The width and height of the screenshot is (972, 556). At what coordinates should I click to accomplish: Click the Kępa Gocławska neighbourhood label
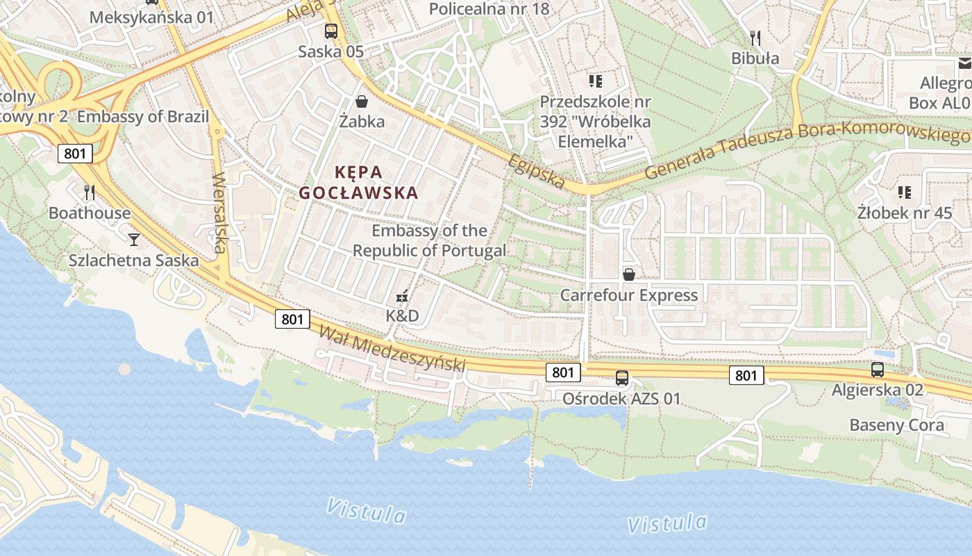(x=359, y=182)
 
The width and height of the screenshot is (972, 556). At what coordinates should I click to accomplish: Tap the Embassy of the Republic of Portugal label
(x=430, y=240)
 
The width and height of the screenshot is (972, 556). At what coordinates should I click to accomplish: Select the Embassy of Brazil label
(x=143, y=116)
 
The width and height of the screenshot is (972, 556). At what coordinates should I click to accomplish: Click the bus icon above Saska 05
(x=331, y=31)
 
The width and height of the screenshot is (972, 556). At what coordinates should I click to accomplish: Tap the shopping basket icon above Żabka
(x=362, y=101)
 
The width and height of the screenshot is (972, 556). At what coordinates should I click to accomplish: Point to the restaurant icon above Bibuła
(x=755, y=38)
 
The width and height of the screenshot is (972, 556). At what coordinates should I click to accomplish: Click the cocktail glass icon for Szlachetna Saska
(x=134, y=240)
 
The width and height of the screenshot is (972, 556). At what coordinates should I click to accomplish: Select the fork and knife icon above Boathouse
(x=89, y=192)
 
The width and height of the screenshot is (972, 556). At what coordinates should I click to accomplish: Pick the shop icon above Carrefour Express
(x=629, y=275)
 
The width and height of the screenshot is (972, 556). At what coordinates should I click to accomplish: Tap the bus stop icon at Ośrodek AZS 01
(x=622, y=378)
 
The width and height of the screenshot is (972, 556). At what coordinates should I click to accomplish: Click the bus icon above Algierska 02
(x=878, y=370)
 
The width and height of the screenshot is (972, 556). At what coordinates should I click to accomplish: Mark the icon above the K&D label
(x=402, y=297)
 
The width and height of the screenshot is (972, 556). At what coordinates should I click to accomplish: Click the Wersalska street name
(x=220, y=212)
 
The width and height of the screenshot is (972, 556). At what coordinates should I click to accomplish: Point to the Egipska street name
(x=536, y=170)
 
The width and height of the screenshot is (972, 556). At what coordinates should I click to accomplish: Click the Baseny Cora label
(x=897, y=425)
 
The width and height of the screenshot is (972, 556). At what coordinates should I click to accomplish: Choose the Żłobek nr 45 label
(x=905, y=213)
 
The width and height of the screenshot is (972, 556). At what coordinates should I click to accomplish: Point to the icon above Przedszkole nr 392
(x=595, y=81)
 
